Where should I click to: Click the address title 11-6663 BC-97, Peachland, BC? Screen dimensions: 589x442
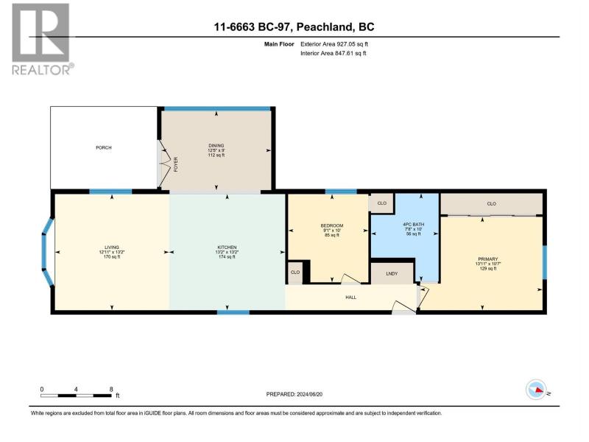294,27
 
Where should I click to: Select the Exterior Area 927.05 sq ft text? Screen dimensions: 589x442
334,44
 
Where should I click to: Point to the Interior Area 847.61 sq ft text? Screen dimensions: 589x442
334,53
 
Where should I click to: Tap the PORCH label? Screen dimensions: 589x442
104,148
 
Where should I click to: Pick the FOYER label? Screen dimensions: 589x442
175,164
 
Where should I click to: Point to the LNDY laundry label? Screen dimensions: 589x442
392,273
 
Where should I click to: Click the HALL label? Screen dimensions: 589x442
351,298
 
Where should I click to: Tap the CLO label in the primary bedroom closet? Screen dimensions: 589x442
491,204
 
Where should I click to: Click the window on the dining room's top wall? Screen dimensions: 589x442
217,109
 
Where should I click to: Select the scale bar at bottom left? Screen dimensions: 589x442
77,396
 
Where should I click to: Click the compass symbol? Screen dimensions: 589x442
536,390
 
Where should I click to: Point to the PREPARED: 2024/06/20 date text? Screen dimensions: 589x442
294,394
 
